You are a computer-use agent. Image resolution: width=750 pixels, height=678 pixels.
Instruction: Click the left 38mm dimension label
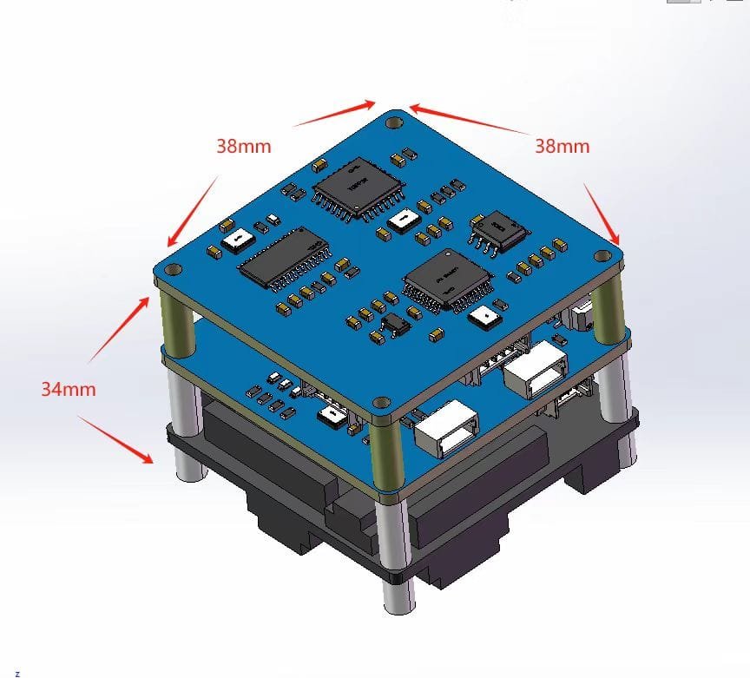(244, 146)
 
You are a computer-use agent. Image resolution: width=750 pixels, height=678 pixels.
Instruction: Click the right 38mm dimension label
(562, 146)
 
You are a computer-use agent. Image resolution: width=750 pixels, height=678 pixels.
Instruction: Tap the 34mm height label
(69, 389)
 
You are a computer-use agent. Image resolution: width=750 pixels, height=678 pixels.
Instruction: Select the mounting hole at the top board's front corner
(381, 402)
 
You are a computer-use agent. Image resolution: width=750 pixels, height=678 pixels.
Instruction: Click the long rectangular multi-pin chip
(286, 258)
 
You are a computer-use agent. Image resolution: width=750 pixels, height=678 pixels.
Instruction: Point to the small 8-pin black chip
(498, 232)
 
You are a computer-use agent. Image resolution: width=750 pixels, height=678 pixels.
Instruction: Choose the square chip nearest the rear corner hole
(354, 188)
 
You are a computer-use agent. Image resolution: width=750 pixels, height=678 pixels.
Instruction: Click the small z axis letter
(17, 673)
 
